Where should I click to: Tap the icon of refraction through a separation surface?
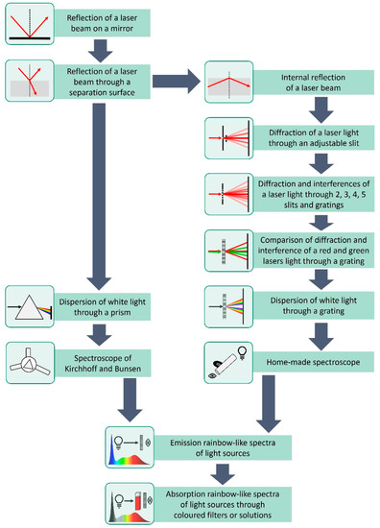[x=27, y=79]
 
